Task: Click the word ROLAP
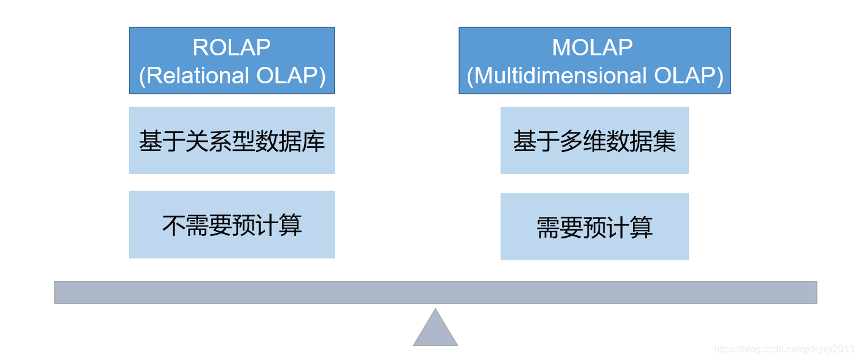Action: click(x=231, y=47)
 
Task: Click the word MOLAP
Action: click(x=592, y=47)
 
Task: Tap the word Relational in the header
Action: click(x=193, y=76)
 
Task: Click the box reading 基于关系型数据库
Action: click(x=232, y=140)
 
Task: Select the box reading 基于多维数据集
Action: click(x=594, y=140)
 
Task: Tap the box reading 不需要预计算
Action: click(x=232, y=225)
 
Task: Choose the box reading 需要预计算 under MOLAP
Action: click(x=594, y=227)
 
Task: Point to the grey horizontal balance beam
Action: click(x=435, y=292)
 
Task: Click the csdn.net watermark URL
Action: click(x=783, y=349)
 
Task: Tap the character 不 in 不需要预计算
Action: click(x=173, y=225)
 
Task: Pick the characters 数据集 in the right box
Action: click(x=641, y=141)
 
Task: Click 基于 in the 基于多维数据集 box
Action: click(x=536, y=141)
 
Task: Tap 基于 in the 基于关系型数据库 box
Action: click(x=162, y=141)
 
